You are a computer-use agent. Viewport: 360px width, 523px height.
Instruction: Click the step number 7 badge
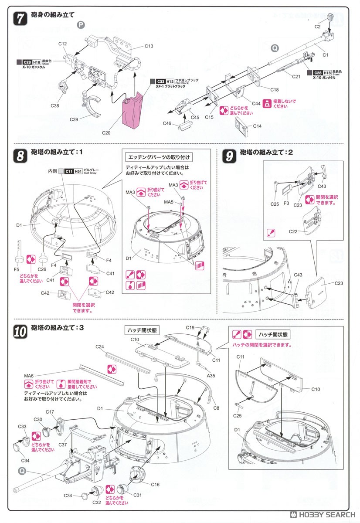20,18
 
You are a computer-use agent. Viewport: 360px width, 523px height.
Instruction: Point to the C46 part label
167,124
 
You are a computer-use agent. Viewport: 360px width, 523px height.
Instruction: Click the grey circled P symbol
81,25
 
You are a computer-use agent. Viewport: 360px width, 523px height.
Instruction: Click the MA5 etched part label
169,202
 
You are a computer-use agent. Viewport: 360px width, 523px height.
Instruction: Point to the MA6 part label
31,375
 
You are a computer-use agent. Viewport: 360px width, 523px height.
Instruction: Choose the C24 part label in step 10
100,347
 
